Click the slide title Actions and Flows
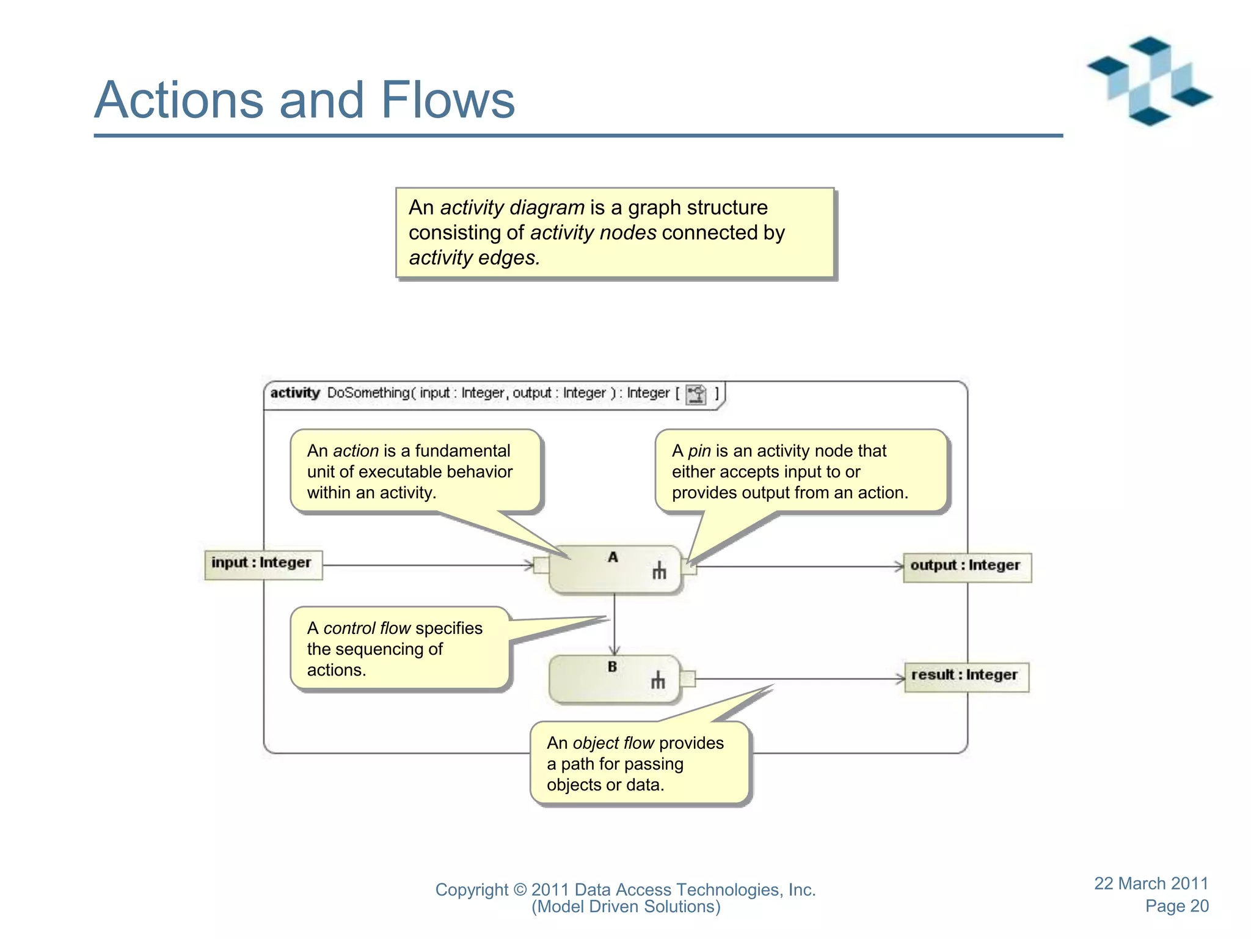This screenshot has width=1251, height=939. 304,100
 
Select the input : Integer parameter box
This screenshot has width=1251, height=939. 263,564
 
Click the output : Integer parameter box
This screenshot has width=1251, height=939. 966,567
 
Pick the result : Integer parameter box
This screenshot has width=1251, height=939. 966,676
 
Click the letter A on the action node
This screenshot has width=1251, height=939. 613,557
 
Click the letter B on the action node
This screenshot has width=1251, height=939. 612,667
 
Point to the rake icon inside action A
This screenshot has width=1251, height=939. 658,570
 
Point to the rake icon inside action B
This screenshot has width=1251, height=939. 657,680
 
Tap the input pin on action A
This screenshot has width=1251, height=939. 541,565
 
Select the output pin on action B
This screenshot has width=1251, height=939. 687,679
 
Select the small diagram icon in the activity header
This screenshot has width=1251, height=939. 696,394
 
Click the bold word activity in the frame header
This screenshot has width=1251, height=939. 295,393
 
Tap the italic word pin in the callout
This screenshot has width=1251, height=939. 699,451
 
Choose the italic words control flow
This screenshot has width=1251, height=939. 367,628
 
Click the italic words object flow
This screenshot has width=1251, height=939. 613,743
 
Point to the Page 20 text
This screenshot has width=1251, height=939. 1176,906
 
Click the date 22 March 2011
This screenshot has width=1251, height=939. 1151,883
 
